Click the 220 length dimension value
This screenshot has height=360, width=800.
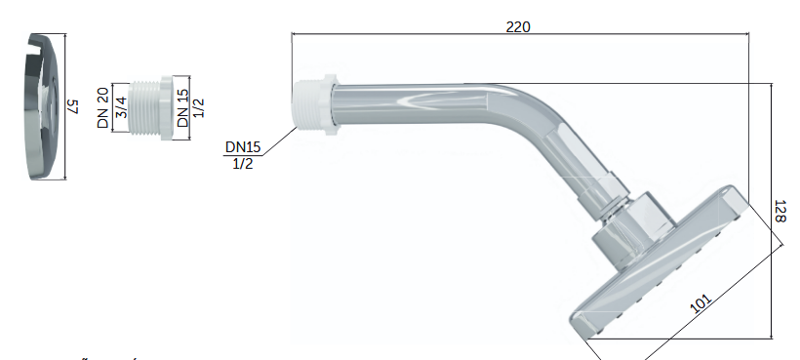(x=518, y=26)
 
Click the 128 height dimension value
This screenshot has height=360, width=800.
(x=780, y=211)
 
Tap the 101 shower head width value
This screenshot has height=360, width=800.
(x=700, y=304)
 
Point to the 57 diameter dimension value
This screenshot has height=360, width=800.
(x=74, y=106)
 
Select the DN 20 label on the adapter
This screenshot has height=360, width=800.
(x=103, y=107)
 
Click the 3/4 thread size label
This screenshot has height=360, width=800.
(x=120, y=107)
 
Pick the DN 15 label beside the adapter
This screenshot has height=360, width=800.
(x=182, y=108)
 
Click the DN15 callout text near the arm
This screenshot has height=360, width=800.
(x=243, y=147)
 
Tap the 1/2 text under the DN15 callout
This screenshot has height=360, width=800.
(x=243, y=164)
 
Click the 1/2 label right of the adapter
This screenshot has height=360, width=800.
(x=199, y=107)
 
